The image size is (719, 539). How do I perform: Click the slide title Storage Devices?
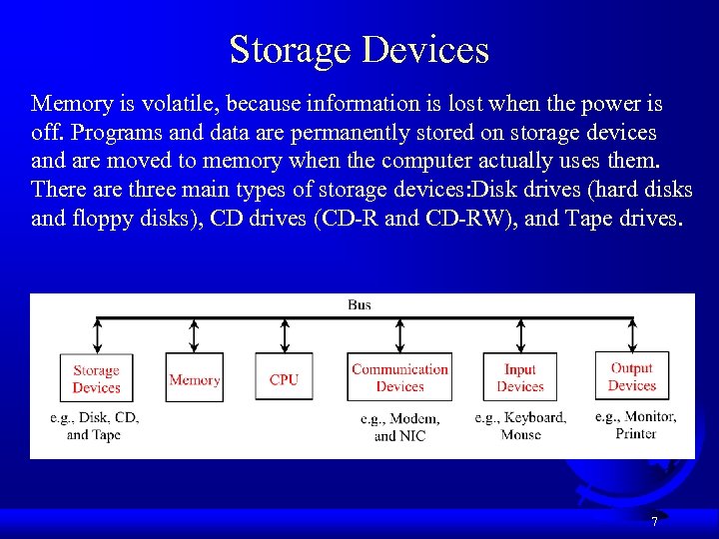point(359,49)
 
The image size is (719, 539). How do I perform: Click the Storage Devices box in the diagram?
point(96,379)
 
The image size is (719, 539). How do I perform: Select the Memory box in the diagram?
point(195,379)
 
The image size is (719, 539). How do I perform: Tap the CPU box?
point(284,379)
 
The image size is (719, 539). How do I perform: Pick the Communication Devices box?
point(399,377)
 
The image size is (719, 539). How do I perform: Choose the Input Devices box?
point(520,377)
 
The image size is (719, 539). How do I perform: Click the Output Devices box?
point(631,376)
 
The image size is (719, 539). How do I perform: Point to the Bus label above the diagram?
point(359,304)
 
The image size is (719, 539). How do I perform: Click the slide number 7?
point(654,521)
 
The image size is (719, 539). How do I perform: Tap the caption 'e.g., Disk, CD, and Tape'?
point(94,425)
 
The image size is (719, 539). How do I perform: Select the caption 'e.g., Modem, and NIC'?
point(399,427)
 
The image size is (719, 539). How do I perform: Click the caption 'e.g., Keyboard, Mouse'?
point(520,425)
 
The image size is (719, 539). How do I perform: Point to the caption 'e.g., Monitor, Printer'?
point(635,424)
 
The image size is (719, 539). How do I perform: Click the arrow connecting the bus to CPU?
point(285,335)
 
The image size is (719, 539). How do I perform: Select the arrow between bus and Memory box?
point(195,335)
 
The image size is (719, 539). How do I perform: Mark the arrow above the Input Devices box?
point(520,335)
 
